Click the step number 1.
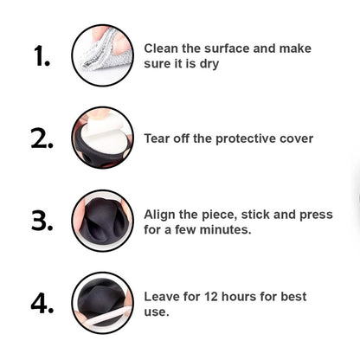(42, 56)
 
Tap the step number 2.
(42, 138)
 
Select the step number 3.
(42, 222)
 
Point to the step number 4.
(42, 303)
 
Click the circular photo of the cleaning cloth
(103, 55)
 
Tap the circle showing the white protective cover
(103, 138)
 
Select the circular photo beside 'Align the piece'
(103, 221)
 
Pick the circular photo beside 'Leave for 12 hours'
(103, 303)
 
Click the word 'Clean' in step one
(161, 48)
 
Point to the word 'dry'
(209, 64)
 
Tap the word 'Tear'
(157, 138)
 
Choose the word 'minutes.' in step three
(225, 230)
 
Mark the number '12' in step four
(211, 297)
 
